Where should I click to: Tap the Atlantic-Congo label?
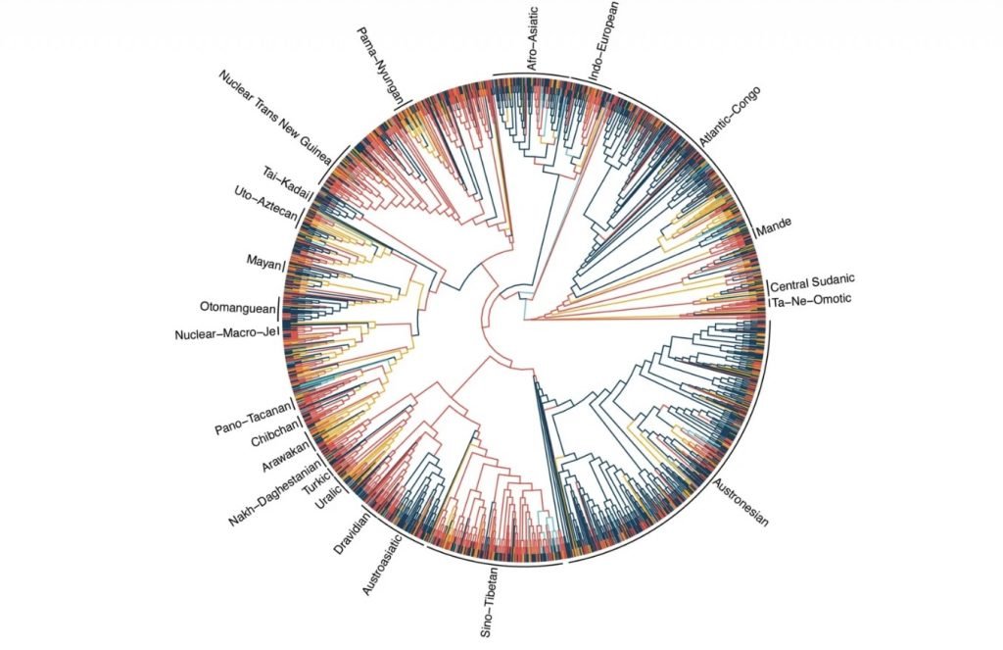click(x=730, y=117)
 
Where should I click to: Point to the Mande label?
click(x=774, y=231)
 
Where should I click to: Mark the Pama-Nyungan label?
click(x=378, y=58)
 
